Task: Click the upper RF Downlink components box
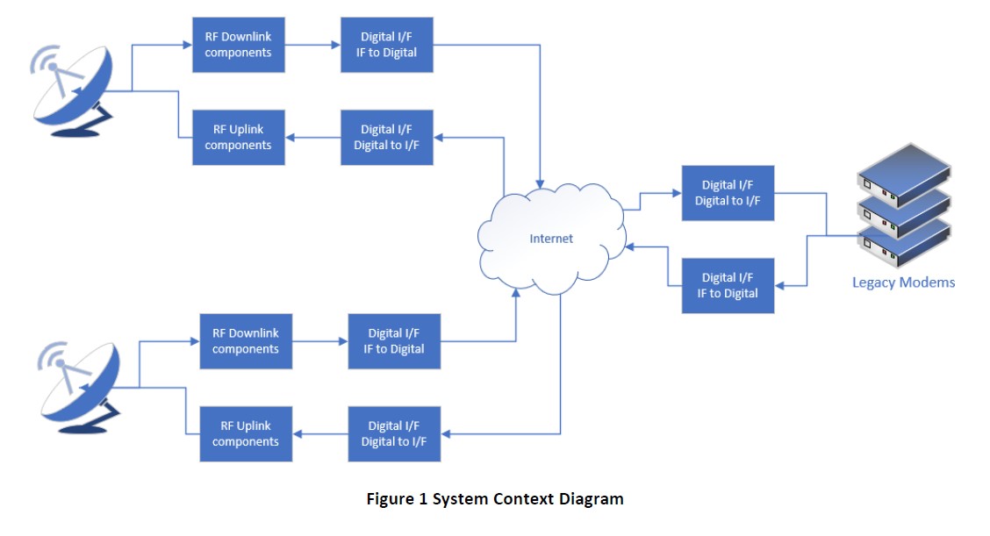coord(239,45)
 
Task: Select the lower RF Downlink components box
coord(247,341)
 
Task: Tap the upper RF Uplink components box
coord(239,138)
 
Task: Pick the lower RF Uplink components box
coord(247,433)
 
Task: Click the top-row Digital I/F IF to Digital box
coord(387,45)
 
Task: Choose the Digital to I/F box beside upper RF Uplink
coord(387,138)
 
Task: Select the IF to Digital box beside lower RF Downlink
coord(395,341)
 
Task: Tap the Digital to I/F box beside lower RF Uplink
coord(395,433)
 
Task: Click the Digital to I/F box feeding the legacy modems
coord(728,193)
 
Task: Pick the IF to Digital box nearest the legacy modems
coord(728,285)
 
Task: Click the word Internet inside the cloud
coord(551,239)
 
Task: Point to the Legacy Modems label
coord(903,282)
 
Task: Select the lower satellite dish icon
coord(80,387)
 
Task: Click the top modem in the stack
coord(904,174)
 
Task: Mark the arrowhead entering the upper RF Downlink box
coord(188,45)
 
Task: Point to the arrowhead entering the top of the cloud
coord(540,184)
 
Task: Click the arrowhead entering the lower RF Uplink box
coord(298,433)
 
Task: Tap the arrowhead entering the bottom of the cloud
coord(516,292)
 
